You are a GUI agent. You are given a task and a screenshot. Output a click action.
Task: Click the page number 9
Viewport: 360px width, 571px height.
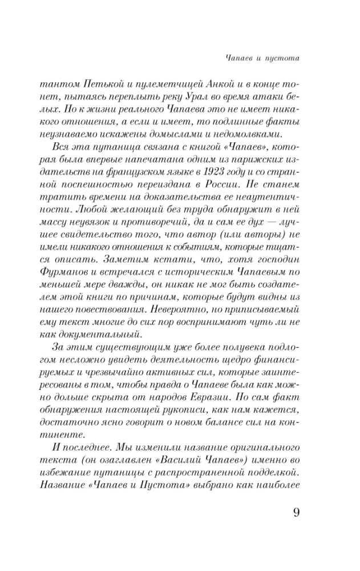point(296,510)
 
